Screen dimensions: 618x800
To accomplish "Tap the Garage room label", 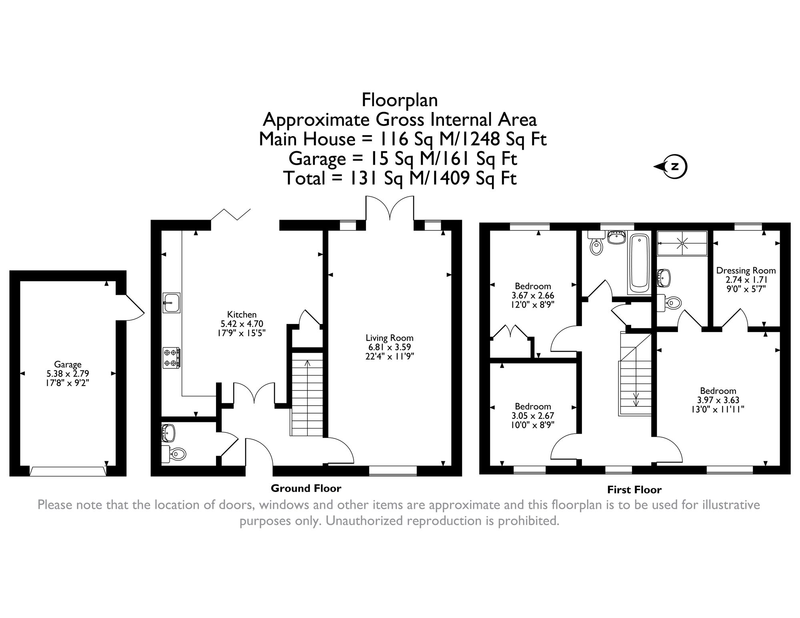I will tap(68, 364).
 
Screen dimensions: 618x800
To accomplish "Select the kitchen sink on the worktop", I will tap(172, 302).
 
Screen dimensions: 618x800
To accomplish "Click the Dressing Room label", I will tap(746, 270).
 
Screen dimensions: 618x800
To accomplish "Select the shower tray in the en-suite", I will tap(682, 243).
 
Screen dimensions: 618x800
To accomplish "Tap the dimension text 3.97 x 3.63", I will tap(718, 400).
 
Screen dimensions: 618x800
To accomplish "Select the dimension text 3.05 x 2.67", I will tap(533, 416).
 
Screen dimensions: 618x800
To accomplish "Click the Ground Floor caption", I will tap(306, 488).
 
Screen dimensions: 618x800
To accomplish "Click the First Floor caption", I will tap(634, 490).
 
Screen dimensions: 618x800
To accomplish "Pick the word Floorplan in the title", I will tap(400, 100).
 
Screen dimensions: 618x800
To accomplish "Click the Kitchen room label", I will tap(242, 314).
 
